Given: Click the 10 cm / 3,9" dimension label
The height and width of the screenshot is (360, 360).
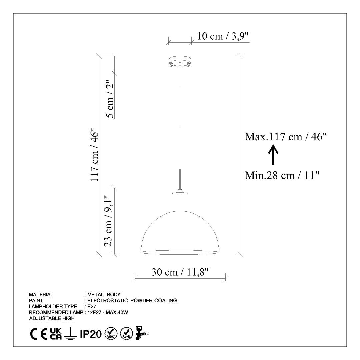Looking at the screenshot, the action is (223, 36).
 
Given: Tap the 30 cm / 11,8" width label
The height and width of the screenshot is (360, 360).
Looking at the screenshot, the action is (180, 272).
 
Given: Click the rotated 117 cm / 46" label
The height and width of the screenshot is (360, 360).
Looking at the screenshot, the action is (94, 155).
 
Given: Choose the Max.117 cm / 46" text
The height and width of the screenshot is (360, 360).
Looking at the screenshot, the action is (286, 137).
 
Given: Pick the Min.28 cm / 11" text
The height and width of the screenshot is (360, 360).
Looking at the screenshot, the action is (282, 175).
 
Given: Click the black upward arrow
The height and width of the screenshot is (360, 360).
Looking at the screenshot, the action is (273, 155).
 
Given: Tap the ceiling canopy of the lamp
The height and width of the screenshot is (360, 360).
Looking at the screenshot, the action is (180, 61).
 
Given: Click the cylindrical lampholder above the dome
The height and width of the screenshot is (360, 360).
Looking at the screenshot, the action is (180, 202).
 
